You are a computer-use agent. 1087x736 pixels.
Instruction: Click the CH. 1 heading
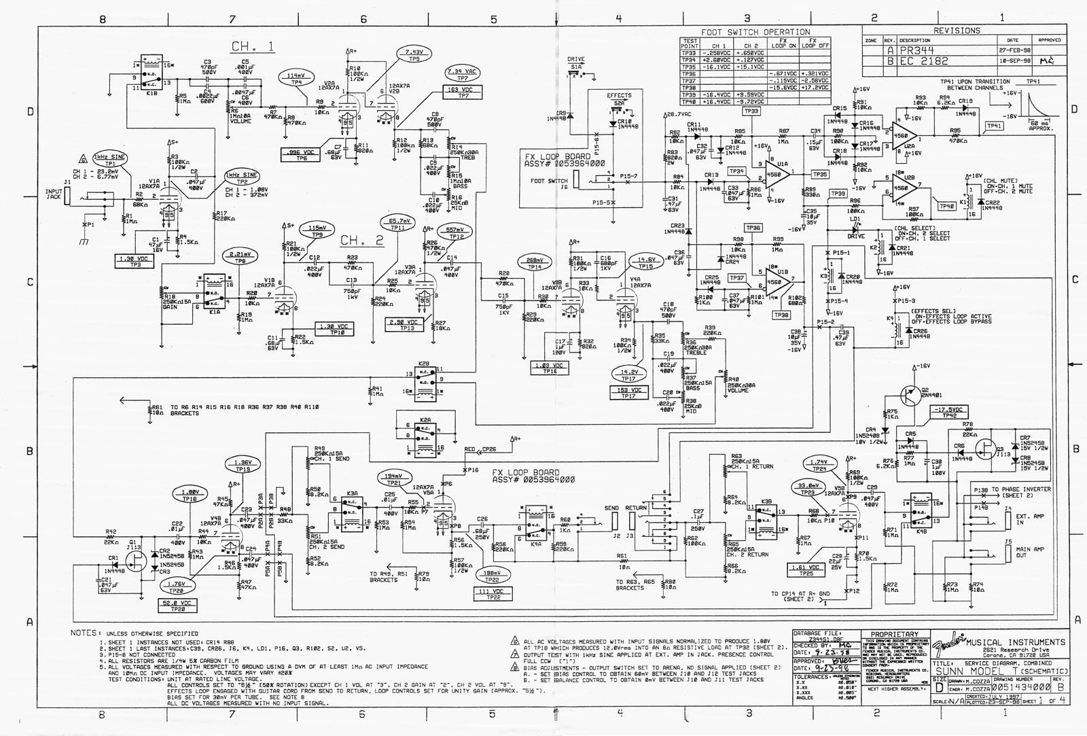[x=253, y=46]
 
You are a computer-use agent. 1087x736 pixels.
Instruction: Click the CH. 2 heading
[x=361, y=241]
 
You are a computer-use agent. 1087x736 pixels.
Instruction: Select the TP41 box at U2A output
[x=994, y=126]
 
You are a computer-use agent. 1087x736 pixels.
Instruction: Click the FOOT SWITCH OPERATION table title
[x=756, y=32]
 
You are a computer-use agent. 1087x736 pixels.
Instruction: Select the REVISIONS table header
[x=956, y=31]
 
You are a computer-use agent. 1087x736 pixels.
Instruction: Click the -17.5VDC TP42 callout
[x=950, y=413]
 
